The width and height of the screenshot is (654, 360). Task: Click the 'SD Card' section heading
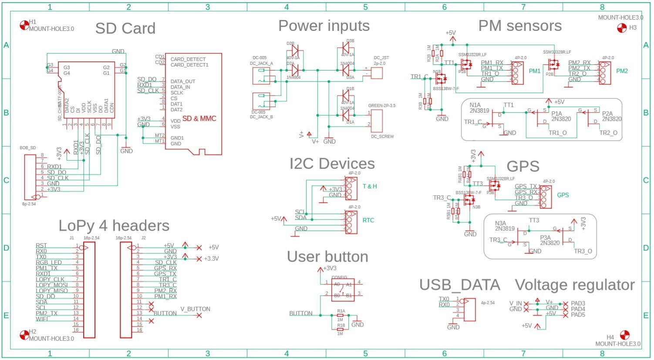pyautogui.click(x=125, y=28)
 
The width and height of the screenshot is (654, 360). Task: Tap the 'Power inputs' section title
pyautogui.click(x=324, y=26)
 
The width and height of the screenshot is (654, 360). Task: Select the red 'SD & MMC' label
pyautogui.click(x=199, y=118)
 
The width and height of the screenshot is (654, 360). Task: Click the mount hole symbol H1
pyautogui.click(x=24, y=25)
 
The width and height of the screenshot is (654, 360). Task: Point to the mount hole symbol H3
pyautogui.click(x=622, y=28)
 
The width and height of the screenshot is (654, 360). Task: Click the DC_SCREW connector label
pyautogui.click(x=382, y=136)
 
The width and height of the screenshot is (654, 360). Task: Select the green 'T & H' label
pyautogui.click(x=370, y=186)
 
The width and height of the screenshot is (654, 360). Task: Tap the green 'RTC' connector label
pyautogui.click(x=368, y=220)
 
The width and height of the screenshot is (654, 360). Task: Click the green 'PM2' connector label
pyautogui.click(x=621, y=71)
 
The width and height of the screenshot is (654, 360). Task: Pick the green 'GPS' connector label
pyautogui.click(x=563, y=195)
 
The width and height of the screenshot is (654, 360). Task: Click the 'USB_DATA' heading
pyautogui.click(x=459, y=285)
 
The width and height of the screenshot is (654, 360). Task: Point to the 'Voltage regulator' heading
pyautogui.click(x=574, y=285)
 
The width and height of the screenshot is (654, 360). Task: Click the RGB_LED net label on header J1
pyautogui.click(x=49, y=262)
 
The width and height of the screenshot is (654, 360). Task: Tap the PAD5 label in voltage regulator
pyautogui.click(x=578, y=315)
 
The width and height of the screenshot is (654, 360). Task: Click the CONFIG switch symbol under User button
pyautogui.click(x=343, y=289)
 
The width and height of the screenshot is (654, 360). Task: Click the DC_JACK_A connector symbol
pyautogui.click(x=261, y=76)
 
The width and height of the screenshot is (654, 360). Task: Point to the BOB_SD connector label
pyautogui.click(x=27, y=148)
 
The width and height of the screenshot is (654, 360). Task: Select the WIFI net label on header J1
pyautogui.click(x=42, y=319)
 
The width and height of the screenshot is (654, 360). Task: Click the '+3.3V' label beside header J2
pyautogui.click(x=211, y=259)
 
